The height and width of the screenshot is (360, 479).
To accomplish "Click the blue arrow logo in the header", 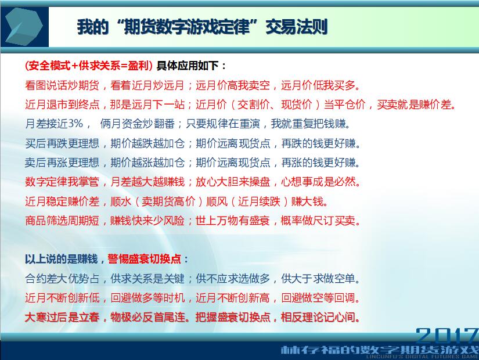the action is pos(24,27).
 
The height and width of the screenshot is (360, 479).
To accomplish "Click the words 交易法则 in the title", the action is pos(296,27).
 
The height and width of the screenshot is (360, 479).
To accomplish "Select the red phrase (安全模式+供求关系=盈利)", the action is pos(89,66).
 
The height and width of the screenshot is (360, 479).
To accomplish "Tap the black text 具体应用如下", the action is pos(188,66).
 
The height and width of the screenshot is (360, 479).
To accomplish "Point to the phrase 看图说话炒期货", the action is pos(62,85).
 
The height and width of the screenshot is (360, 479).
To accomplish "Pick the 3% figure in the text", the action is pos(75,124).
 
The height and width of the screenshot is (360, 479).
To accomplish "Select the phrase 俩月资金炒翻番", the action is pos(137,124).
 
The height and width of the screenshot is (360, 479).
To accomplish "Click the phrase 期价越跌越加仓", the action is pos(147,143).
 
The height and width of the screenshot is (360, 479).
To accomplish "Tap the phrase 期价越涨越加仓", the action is pos(147,162).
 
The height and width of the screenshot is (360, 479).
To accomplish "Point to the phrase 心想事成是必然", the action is pos(318,182).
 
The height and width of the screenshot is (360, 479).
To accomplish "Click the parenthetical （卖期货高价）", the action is pos(169,201).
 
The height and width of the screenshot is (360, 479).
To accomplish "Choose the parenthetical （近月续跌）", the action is pos(259,201).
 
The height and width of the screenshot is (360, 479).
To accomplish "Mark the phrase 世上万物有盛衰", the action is pos(233,220).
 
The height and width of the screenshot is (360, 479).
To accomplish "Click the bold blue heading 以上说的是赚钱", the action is pos(61,259).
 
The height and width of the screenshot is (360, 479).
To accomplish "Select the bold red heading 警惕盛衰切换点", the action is pos(144,259).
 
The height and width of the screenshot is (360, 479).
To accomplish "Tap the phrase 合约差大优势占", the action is pos(62,278).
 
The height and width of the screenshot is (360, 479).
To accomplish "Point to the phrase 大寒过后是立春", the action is pos(62,317).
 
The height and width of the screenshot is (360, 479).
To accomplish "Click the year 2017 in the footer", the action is pos(447,336).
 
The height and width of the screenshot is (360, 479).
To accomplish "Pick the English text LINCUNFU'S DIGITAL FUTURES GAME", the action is pos(422,357).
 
